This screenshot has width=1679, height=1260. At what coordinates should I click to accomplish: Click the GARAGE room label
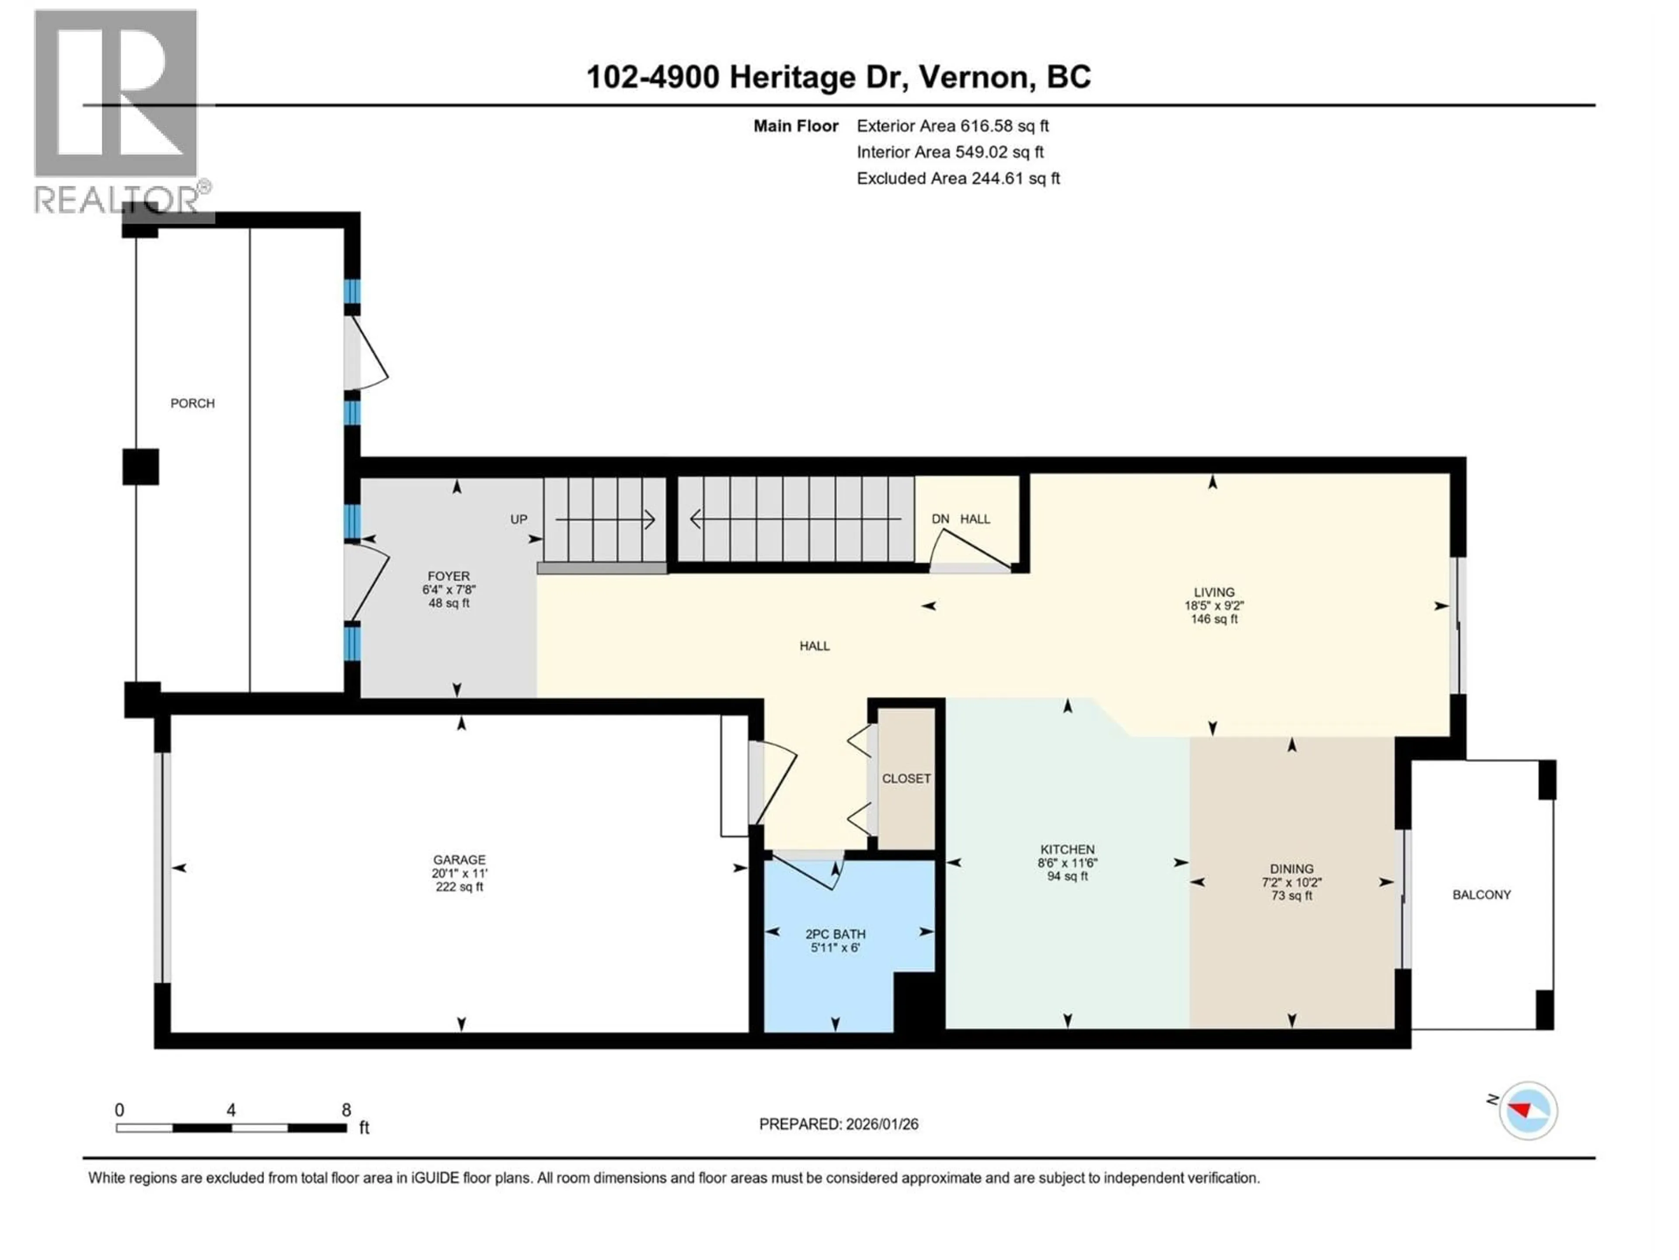pos(459,860)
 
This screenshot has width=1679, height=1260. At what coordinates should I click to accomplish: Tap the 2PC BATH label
pos(835,934)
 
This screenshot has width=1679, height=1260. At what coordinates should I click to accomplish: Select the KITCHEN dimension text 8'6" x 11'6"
pos(1067,863)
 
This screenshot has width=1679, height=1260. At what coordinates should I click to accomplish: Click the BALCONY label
pos(1481,895)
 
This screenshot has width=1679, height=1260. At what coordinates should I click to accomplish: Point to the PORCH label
pos(192,403)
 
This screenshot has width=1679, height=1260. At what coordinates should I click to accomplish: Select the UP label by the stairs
pos(519,519)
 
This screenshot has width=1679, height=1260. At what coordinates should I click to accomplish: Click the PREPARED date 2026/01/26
pos(881,1124)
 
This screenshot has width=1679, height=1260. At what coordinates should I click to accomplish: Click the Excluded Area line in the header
pos(958,178)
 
